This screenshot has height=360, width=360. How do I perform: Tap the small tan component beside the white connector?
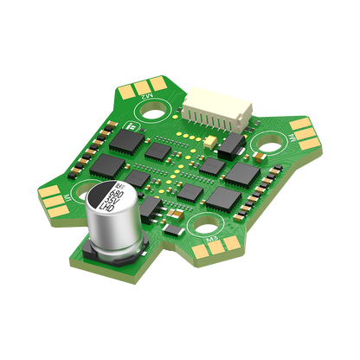[213, 140]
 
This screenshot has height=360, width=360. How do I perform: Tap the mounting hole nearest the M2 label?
[160, 111]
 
